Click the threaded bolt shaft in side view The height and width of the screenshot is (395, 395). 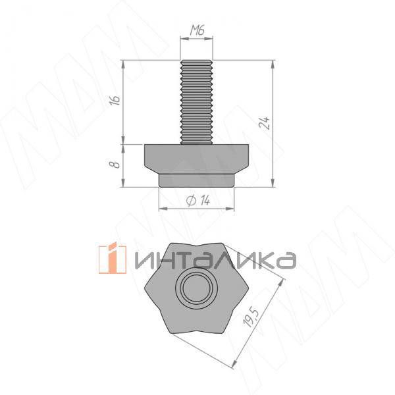(x=197, y=102)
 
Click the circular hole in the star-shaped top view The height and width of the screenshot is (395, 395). (x=197, y=288)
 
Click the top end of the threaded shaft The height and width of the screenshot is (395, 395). (x=197, y=61)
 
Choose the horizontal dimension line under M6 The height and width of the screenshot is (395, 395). (x=197, y=39)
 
